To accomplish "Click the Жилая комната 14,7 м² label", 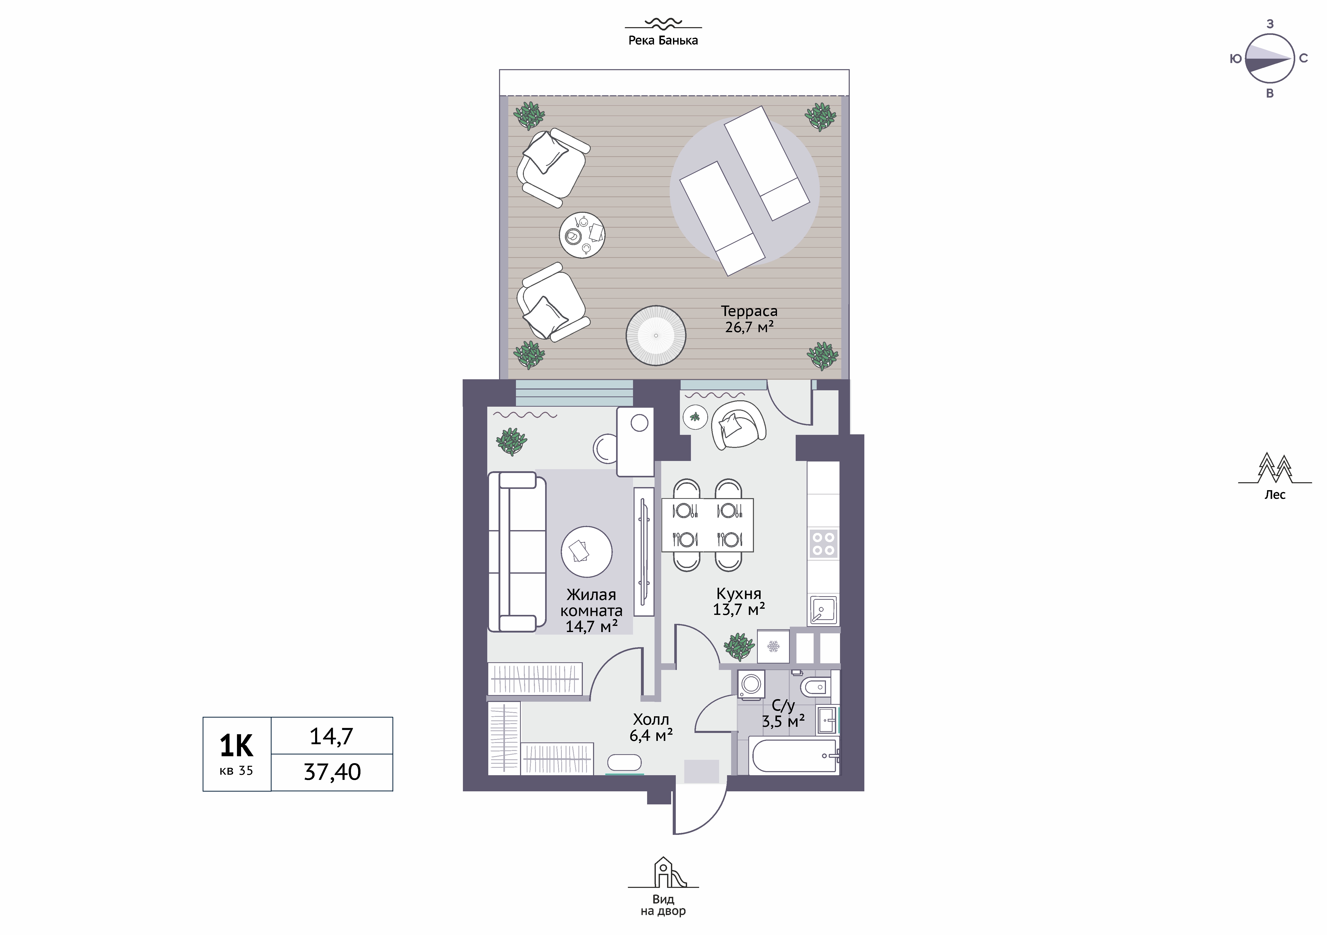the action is click(591, 610).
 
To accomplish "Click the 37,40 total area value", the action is click(332, 772).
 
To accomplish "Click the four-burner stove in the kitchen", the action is click(823, 543).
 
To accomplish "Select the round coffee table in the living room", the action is click(587, 552).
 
